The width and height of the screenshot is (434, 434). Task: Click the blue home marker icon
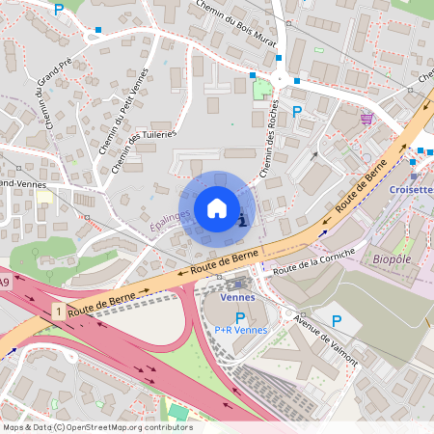pyautogui.click(x=217, y=207)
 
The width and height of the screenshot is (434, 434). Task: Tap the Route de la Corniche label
pyautogui.click(x=313, y=261)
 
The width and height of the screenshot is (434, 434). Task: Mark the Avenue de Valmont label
pyautogui.click(x=328, y=342)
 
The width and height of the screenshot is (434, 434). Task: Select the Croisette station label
pyautogui.click(x=412, y=190)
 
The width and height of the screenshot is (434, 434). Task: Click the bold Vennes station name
pyautogui.click(x=238, y=297)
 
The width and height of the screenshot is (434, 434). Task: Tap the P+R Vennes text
pyautogui.click(x=240, y=330)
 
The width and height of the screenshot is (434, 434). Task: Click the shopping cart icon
pyautogui.click(x=366, y=118)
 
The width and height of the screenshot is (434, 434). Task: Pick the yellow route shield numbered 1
pyautogui.click(x=60, y=312)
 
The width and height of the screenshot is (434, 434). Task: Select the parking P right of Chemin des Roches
pyautogui.click(x=297, y=111)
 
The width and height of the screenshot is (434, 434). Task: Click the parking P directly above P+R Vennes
pyautogui.click(x=239, y=316)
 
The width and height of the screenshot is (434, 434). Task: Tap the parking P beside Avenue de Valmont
pyautogui.click(x=337, y=320)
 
